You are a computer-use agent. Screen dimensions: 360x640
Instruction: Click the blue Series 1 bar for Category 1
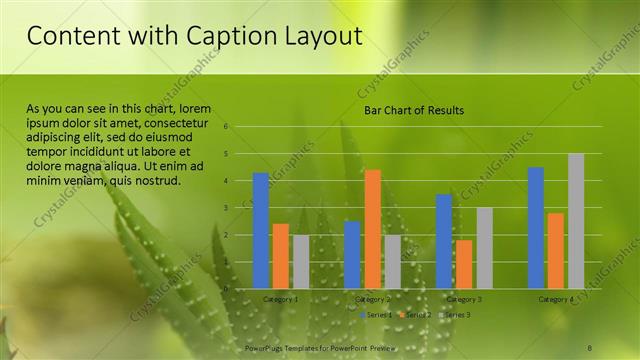[260, 231]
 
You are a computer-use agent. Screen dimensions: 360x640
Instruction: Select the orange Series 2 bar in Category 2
[372, 229]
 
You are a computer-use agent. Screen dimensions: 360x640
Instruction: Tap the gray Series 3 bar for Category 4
[576, 221]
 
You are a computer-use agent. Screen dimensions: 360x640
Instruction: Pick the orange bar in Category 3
[464, 264]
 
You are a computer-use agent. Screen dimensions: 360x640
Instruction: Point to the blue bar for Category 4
[536, 228]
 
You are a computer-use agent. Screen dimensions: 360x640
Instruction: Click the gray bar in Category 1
[301, 262]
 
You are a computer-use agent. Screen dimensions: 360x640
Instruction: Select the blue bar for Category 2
[352, 255]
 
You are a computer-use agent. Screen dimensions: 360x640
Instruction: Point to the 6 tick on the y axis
[227, 127]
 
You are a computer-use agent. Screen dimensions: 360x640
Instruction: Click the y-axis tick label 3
[227, 208]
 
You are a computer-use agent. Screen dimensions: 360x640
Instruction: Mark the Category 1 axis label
[280, 299]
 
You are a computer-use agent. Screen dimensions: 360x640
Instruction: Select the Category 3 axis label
[464, 299]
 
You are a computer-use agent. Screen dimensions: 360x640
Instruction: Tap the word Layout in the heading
[321, 36]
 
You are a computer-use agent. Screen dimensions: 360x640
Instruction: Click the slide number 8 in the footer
[590, 347]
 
